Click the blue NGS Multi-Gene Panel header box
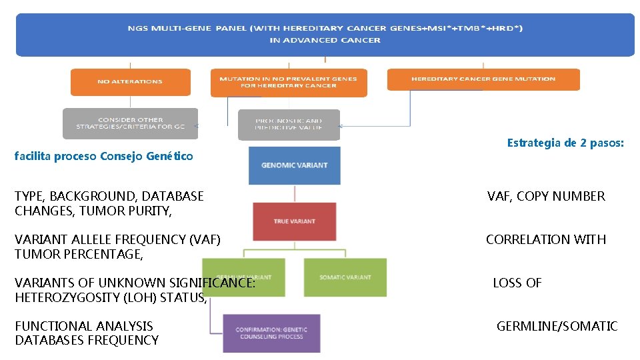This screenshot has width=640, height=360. pos(325,34)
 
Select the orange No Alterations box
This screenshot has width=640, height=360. pos(130,81)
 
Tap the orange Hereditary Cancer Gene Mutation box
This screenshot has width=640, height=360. pos(483,79)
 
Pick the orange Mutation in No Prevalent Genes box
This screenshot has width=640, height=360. pos(288,82)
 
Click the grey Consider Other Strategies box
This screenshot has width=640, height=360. pos(130,123)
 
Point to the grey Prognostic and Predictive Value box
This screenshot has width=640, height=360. pos(289,125)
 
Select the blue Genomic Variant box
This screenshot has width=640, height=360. pos(294,165)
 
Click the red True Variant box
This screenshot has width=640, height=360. pos(294,221)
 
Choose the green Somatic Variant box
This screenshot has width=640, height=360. pos(345,277)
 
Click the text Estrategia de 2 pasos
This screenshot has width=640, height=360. pos(565,143)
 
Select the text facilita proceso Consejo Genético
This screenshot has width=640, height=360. pos(104,157)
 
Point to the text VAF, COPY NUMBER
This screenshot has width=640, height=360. pos(546,196)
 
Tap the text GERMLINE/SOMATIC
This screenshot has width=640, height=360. pos(557,326)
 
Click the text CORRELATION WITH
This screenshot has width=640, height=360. pos(545,239)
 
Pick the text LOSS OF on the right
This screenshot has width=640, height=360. pos(517,283)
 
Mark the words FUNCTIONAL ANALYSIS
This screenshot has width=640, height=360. pos(84,326)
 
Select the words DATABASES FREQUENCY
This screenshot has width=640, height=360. pos(87,341)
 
